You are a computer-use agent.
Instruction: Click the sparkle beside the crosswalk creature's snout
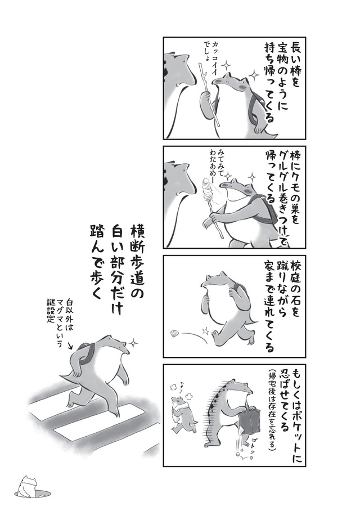click(x=133, y=342)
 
